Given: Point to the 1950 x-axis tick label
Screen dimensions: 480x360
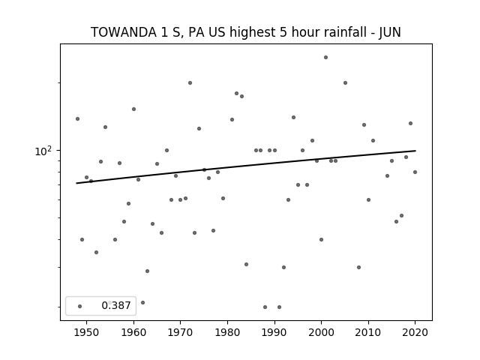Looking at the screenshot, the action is (x=87, y=332).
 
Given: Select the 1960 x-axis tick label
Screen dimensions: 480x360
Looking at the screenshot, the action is (x=133, y=332).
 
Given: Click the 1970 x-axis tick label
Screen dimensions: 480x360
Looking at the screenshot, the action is (x=180, y=332).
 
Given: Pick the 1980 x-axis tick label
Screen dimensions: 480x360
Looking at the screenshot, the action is (x=227, y=332).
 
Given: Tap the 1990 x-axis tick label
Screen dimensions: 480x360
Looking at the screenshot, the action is (x=274, y=332).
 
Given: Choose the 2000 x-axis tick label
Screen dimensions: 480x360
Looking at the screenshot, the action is (x=321, y=332).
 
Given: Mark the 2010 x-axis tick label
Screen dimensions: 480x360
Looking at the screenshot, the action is (x=368, y=332).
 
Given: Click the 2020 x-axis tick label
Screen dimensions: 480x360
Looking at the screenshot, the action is (x=415, y=332).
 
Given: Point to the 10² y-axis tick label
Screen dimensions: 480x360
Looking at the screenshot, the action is (x=43, y=151).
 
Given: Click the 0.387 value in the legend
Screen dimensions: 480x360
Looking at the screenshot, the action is (x=116, y=305).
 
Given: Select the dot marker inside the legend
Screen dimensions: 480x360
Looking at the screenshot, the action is (x=80, y=306).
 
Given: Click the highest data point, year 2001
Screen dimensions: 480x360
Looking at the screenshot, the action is (x=325, y=57).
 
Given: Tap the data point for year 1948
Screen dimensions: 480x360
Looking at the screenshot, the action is (x=77, y=118).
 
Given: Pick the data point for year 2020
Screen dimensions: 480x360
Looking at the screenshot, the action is (x=415, y=172).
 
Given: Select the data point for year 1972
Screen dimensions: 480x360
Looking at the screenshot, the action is (x=190, y=82).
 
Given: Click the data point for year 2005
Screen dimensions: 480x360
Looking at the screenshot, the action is (x=345, y=82).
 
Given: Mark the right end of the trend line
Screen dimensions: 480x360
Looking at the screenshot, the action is (x=415, y=151).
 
